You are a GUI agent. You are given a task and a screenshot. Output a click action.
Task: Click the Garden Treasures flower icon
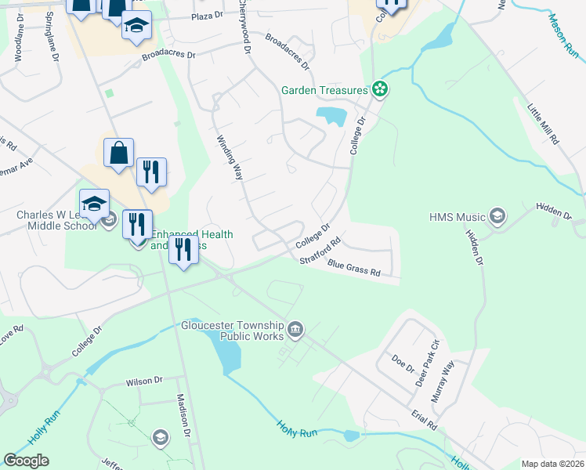pyautogui.click(x=380, y=90)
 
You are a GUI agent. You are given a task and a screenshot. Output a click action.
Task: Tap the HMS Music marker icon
pyautogui.click(x=497, y=215)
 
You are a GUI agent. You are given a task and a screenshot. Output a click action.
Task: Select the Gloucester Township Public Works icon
pyautogui.click(x=295, y=329)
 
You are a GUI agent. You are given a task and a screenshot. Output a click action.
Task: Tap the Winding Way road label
pyautogui.click(x=229, y=157)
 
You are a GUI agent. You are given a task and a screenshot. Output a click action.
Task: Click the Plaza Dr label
pyautogui.click(x=208, y=16)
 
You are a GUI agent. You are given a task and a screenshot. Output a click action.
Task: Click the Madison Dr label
pyautogui.click(x=183, y=414)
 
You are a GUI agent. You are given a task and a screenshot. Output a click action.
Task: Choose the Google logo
pyautogui.click(x=26, y=461)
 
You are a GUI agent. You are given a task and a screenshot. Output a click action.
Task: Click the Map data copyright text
pyautogui.click(x=553, y=464)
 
